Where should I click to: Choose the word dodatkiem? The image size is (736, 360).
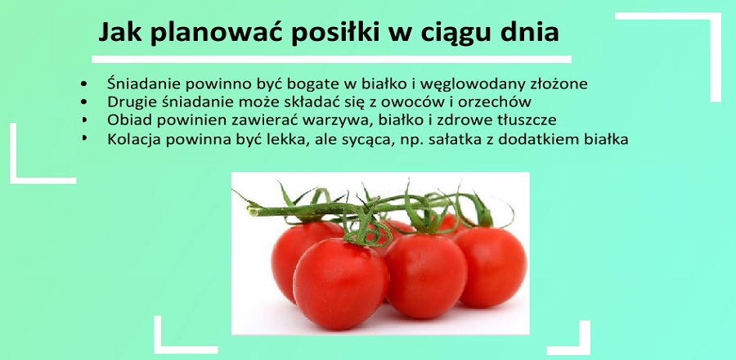tap(534, 139)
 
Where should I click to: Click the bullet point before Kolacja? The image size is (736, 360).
tap(84, 138)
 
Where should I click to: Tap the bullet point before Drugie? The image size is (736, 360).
tap(84, 101)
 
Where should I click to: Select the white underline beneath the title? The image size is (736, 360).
tap(331, 59)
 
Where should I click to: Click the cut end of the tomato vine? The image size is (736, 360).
tap(252, 211)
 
